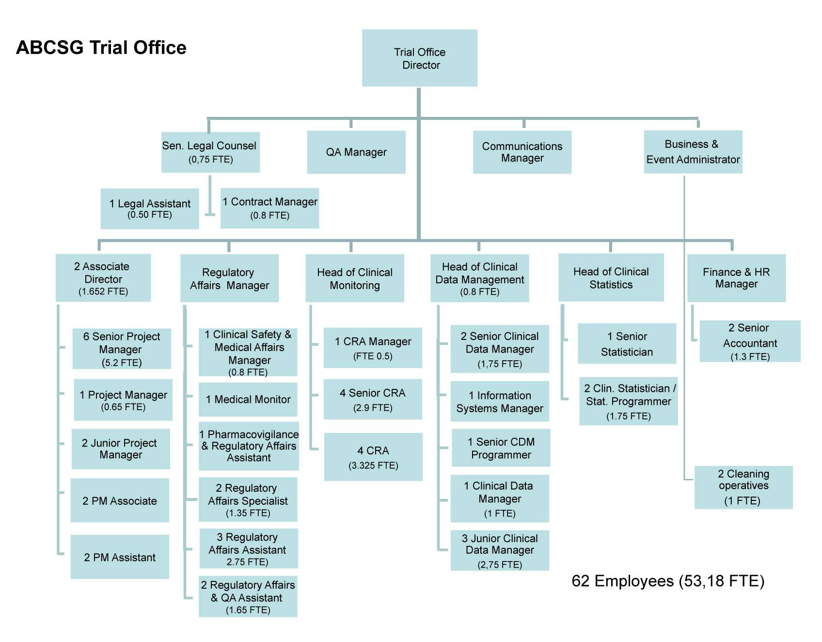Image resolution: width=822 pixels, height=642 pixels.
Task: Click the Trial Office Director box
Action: [420, 58]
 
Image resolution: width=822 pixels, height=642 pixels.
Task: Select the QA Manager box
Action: [356, 152]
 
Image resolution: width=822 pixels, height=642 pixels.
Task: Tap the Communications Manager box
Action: [522, 152]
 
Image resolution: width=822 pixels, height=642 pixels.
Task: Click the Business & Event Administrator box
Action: [693, 152]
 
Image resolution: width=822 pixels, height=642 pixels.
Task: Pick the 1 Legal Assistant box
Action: [150, 209]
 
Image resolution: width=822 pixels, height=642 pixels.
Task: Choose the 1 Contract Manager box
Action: [270, 208]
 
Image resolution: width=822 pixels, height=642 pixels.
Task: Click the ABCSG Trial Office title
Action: [101, 48]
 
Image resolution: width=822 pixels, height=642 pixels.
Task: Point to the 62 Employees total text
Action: [668, 581]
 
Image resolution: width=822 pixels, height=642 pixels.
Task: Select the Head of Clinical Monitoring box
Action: [355, 278]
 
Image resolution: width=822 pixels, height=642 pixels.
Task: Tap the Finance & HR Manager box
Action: [737, 278]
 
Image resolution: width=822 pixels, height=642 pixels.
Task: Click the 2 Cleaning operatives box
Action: [743, 487]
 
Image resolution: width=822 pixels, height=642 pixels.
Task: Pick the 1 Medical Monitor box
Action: [248, 400]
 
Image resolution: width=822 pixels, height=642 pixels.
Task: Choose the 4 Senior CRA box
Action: [373, 400]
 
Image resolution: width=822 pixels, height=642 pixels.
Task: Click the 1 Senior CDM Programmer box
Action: [501, 448]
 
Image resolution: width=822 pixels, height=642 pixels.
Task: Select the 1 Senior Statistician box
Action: [627, 344]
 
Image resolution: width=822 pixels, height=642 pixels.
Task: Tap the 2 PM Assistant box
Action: [120, 557]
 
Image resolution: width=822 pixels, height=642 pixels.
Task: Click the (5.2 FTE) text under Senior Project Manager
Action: [122, 363]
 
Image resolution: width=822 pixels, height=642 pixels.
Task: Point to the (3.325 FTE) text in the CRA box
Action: [373, 465]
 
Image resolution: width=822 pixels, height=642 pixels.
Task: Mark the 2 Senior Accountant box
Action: [750, 341]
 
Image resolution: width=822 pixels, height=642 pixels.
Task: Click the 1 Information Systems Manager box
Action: [500, 401]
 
